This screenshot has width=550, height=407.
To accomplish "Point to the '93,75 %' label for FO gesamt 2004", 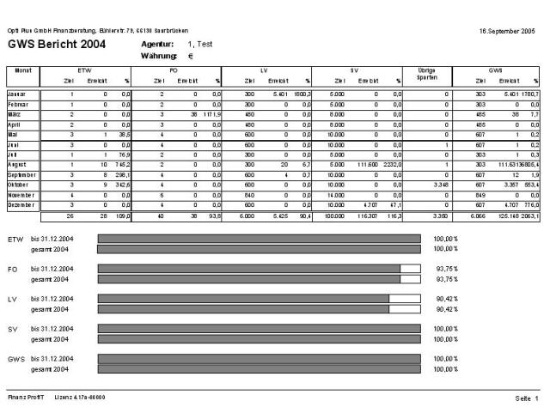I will tap(446, 279).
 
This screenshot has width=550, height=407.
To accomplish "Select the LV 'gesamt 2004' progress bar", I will tap(259, 308).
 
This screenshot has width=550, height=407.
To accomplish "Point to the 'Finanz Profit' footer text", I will tap(24, 397).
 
